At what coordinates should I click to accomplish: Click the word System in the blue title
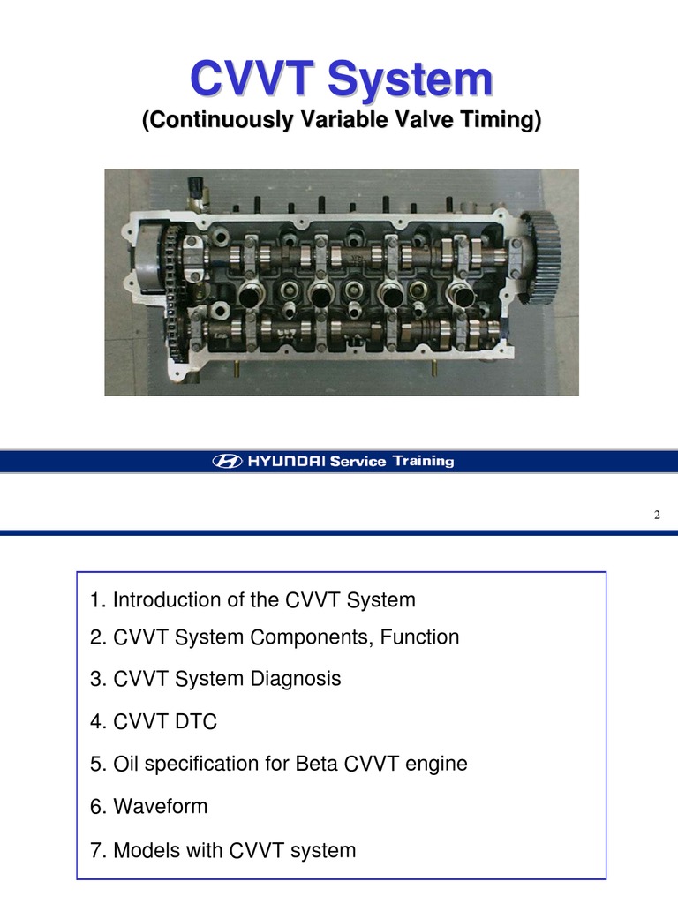click(410, 79)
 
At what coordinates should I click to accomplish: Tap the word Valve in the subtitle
click(425, 119)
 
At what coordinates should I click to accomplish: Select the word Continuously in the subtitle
click(222, 120)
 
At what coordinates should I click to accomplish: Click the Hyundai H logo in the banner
click(227, 461)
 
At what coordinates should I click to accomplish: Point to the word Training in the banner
click(424, 461)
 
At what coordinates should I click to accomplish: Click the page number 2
click(657, 515)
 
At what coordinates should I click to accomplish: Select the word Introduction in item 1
click(167, 599)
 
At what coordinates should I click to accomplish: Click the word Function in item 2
click(419, 637)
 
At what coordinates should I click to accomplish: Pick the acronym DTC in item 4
click(193, 722)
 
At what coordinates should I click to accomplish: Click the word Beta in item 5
click(317, 764)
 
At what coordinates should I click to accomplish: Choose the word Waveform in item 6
click(161, 806)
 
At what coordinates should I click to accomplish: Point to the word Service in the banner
click(358, 461)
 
